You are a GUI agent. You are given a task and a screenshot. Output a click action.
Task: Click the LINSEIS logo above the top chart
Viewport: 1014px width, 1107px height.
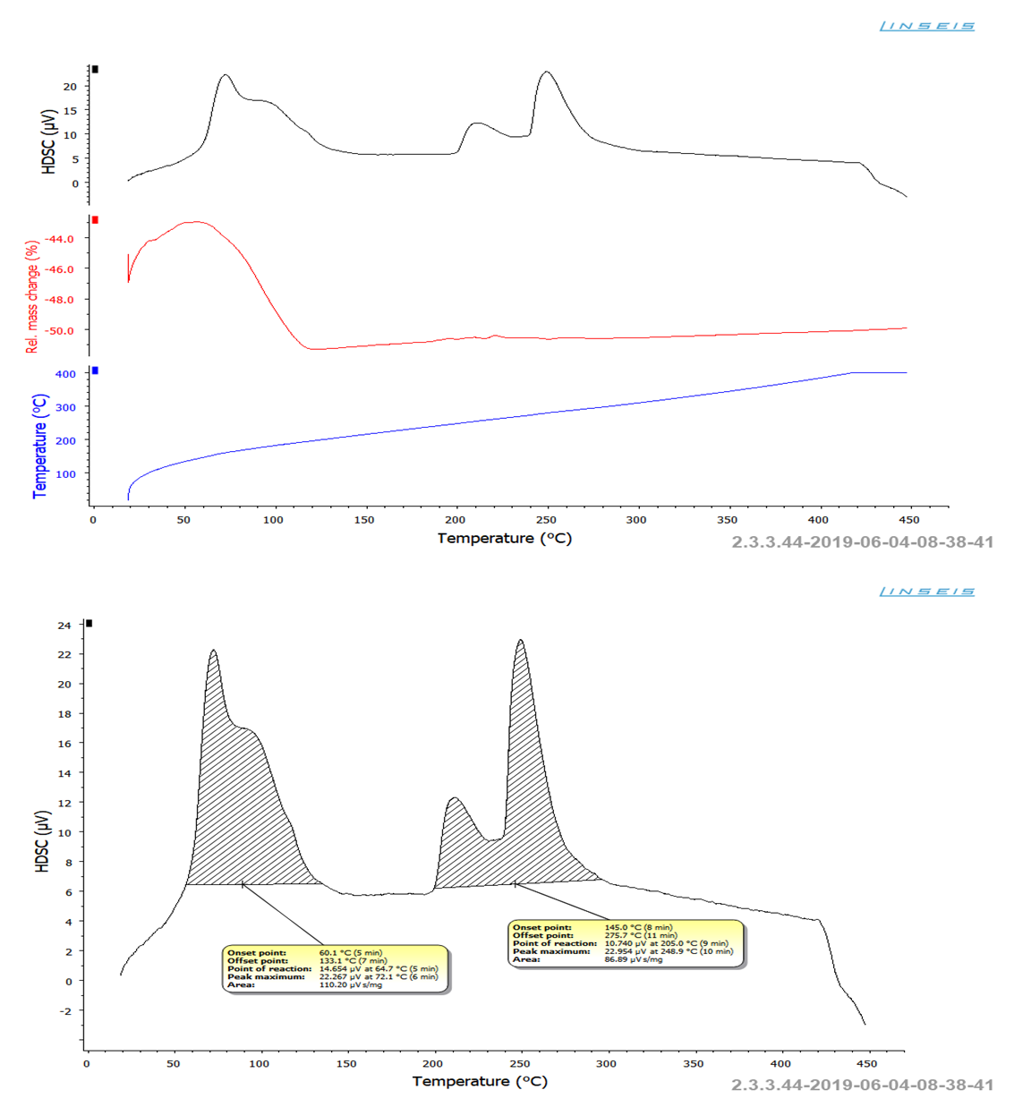tap(926, 26)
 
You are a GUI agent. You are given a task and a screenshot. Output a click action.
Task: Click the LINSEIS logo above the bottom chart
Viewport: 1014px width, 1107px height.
tap(926, 592)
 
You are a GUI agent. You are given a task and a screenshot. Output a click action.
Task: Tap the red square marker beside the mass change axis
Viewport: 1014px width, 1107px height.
tap(95, 219)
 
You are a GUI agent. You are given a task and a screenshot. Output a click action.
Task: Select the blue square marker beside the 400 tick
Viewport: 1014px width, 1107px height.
tap(95, 370)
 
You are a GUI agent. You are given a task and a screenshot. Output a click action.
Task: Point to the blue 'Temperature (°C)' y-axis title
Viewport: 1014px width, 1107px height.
tap(39, 446)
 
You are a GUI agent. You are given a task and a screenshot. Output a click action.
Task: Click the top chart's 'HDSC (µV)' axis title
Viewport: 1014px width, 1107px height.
tap(48, 141)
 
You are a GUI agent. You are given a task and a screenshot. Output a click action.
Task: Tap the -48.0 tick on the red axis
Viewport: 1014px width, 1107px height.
tap(61, 300)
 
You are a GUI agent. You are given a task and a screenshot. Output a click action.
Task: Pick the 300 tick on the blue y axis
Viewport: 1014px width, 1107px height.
tap(65, 407)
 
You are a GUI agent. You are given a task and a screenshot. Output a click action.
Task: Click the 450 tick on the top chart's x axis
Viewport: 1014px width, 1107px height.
tap(908, 520)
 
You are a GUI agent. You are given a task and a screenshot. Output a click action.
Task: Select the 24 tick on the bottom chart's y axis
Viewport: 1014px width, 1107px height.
tap(64, 626)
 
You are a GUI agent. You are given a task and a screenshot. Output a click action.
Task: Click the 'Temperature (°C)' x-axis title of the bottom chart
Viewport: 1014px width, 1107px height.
tap(480, 1081)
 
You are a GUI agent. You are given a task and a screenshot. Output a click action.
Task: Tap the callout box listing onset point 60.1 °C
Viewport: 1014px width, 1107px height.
tap(335, 968)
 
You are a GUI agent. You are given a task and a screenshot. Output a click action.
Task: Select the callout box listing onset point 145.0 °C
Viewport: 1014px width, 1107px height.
tap(626, 943)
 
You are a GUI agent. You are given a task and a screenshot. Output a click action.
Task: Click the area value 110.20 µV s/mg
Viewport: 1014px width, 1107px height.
tap(351, 984)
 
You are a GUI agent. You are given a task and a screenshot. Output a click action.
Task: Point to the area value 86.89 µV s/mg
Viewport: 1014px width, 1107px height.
tap(634, 959)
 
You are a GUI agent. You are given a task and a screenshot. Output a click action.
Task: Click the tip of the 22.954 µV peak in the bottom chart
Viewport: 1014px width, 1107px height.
tap(520, 641)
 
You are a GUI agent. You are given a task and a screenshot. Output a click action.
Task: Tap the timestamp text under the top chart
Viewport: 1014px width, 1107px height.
tap(862, 541)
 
